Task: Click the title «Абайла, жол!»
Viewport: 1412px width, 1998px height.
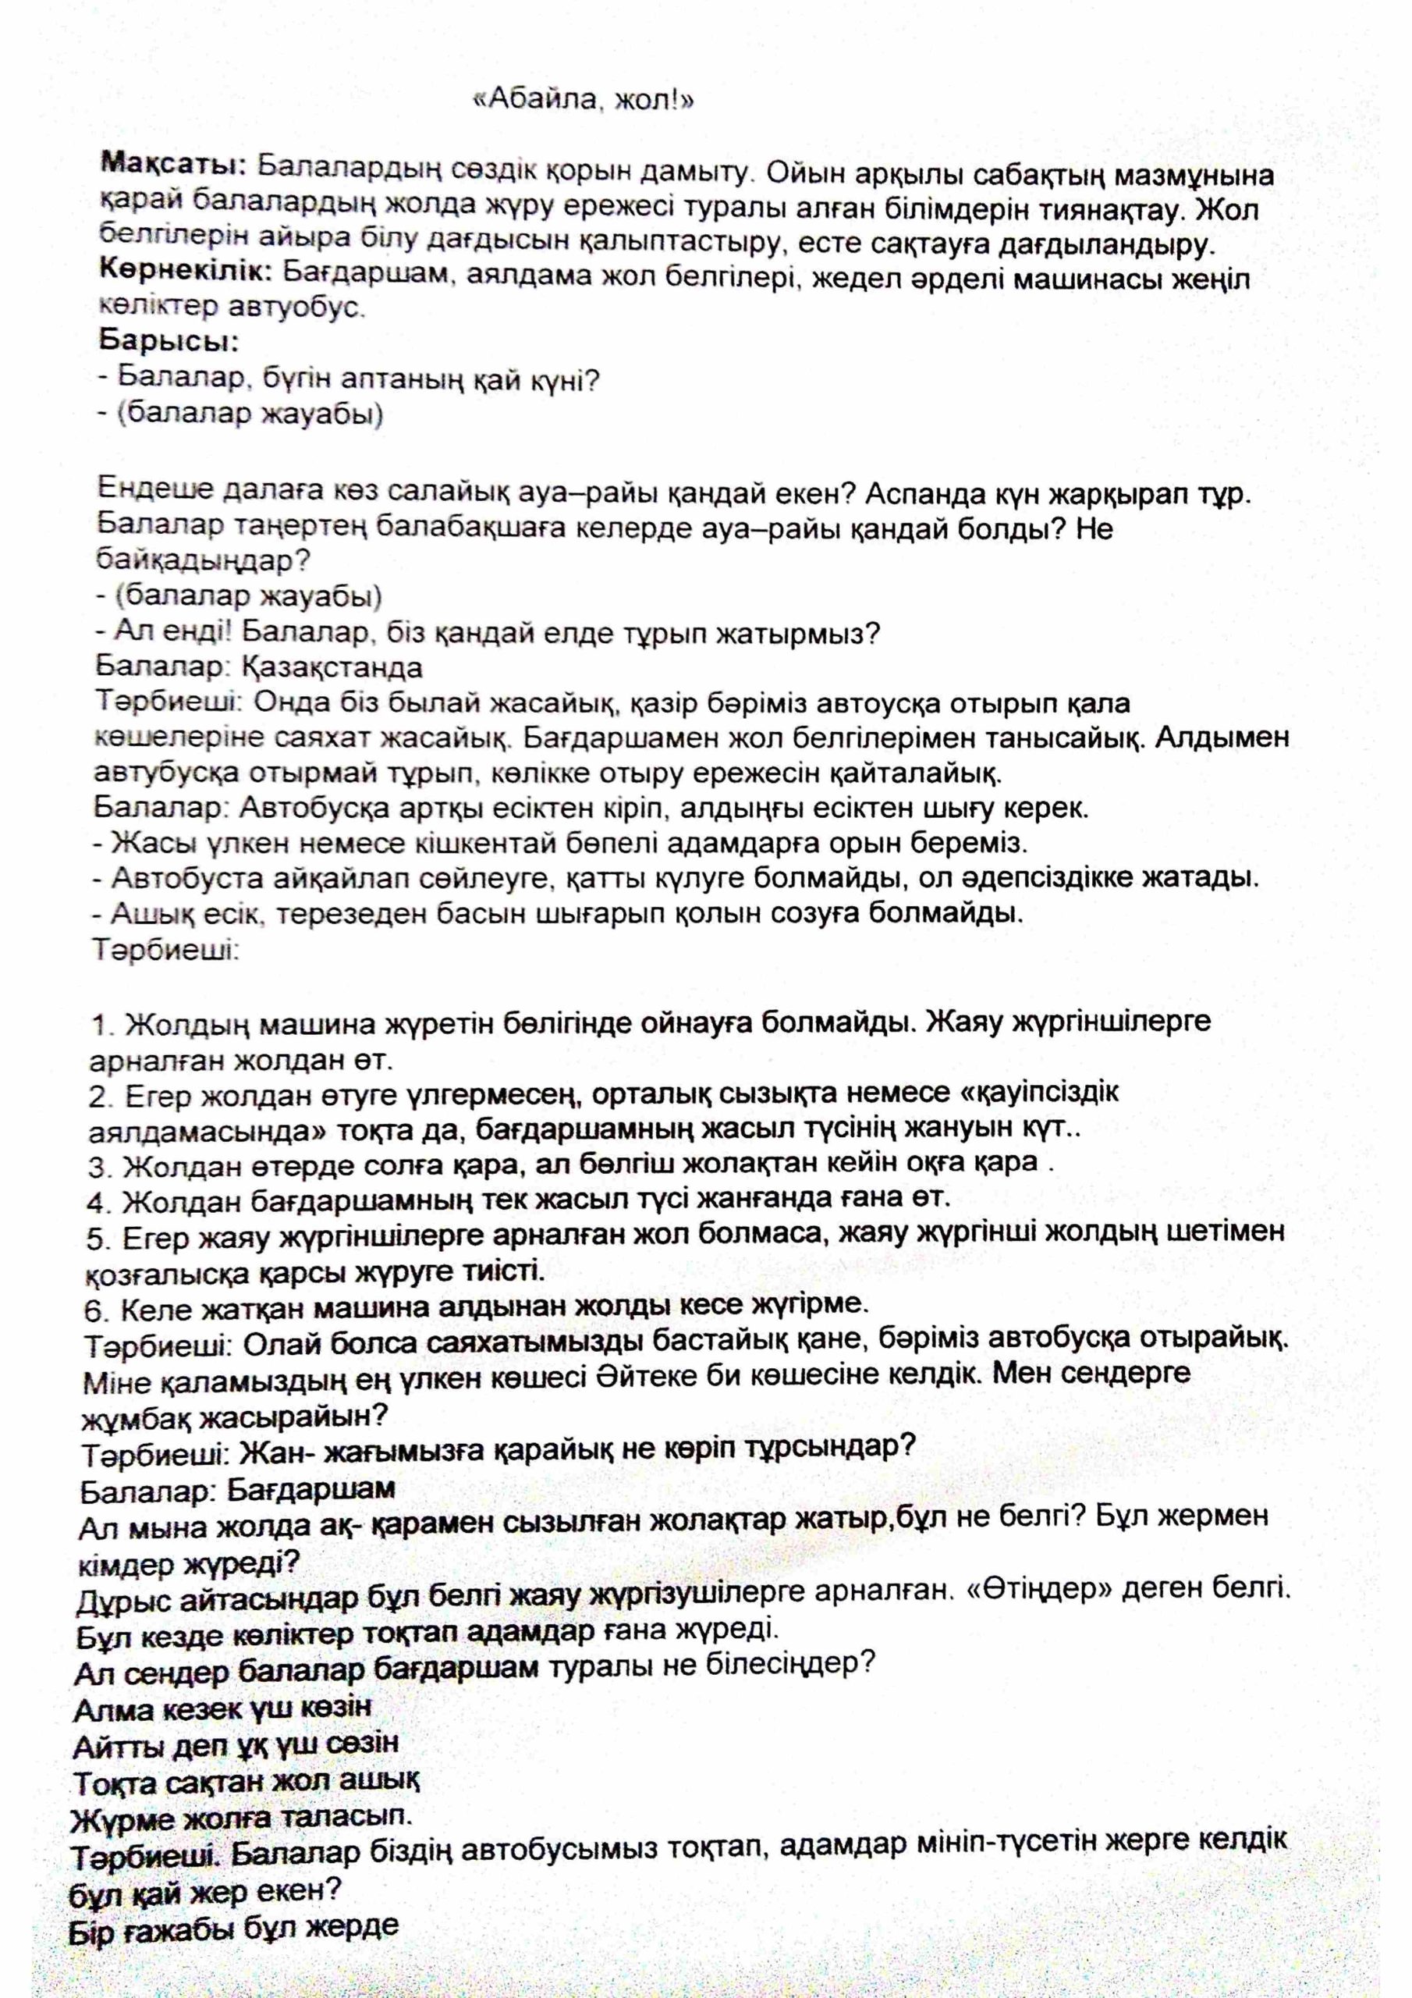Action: click(582, 101)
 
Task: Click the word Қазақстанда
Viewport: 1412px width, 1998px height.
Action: click(331, 667)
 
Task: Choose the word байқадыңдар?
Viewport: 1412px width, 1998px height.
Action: click(204, 561)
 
